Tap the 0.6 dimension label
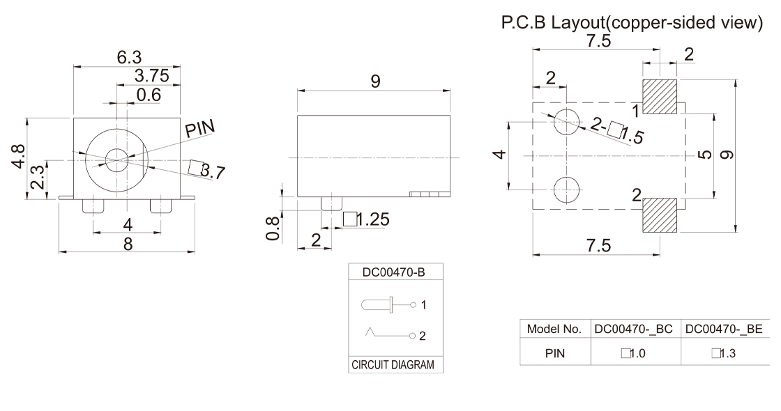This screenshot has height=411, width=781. coord(148,95)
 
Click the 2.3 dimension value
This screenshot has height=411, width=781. coord(40,179)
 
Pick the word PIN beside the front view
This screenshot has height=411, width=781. coord(200,129)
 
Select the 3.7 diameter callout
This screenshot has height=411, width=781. coord(208,169)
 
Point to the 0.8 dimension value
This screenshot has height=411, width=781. coord(277,228)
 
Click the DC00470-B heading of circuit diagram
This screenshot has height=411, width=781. coord(395,272)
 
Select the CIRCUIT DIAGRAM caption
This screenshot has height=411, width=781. coord(395,365)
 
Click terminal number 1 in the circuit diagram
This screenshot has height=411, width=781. coord(423,304)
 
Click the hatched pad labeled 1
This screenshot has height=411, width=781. coord(660,96)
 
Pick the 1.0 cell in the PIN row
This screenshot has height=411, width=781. coord(634,353)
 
